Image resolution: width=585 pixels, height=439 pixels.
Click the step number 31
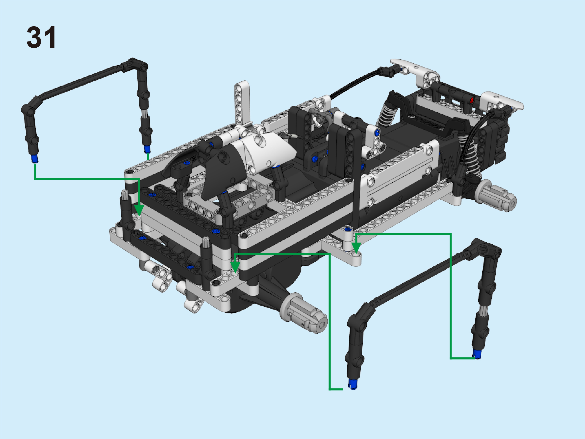point(41,37)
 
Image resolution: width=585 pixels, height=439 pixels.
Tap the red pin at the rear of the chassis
point(472,100)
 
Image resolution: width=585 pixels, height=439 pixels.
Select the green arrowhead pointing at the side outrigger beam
point(356,248)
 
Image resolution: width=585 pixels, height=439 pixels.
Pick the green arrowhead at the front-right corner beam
point(235,268)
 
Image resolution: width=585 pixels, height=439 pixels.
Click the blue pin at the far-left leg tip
point(35,159)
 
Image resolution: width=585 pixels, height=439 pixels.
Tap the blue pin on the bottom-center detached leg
point(353,384)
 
